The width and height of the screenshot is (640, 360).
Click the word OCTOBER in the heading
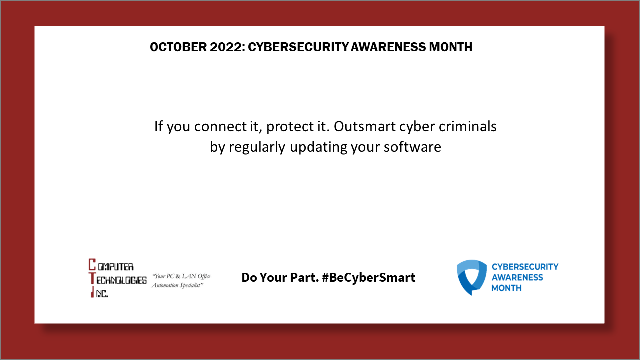click(173, 47)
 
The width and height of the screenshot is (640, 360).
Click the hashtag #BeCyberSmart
click(369, 277)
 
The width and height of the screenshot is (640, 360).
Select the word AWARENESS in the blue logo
click(517, 277)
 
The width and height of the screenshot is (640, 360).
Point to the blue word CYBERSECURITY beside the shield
click(525, 267)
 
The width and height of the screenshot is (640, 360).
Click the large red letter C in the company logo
click(92, 265)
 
